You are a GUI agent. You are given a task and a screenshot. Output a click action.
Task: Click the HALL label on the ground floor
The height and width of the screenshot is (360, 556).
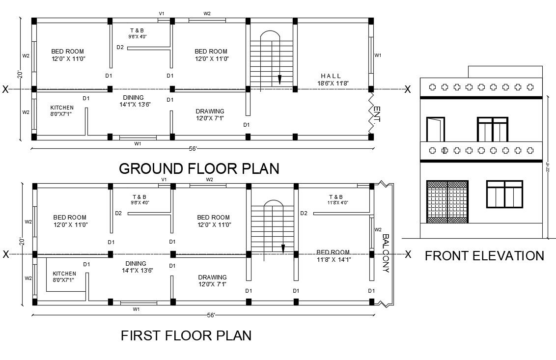pyautogui.click(x=331, y=76)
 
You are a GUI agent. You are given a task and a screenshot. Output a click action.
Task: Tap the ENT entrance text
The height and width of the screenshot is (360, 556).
pyautogui.click(x=377, y=114)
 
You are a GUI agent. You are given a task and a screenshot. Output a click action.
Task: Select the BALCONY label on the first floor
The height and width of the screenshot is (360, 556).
pyautogui.click(x=386, y=253)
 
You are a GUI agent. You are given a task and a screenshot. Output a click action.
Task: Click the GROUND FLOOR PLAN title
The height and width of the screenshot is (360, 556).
pyautogui.click(x=199, y=168)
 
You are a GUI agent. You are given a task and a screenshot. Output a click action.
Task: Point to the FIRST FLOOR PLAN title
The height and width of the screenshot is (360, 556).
pyautogui.click(x=186, y=335)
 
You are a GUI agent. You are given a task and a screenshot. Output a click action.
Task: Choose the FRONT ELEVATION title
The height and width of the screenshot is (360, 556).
pyautogui.click(x=484, y=256)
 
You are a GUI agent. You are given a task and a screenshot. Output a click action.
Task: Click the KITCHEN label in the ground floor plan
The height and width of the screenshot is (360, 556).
pyautogui.click(x=62, y=108)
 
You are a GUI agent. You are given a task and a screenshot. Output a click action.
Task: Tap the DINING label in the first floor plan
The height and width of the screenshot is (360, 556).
pyautogui.click(x=136, y=264)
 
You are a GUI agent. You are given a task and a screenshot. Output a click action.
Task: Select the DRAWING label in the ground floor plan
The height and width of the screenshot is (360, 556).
pyautogui.click(x=210, y=111)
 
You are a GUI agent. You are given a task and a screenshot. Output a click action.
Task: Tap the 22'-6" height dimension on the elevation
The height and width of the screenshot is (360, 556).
pyautogui.click(x=547, y=167)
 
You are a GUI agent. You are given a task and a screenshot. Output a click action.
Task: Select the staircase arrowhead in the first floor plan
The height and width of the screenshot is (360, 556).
pyautogui.click(x=283, y=248)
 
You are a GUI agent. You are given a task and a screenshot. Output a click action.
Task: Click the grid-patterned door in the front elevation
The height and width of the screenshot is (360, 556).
pyautogui.click(x=446, y=202)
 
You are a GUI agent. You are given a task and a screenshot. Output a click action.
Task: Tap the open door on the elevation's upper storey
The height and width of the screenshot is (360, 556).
pyautogui.click(x=435, y=130)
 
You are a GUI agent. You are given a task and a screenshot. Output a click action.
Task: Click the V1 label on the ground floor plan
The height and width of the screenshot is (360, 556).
pyautogui.click(x=161, y=13)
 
